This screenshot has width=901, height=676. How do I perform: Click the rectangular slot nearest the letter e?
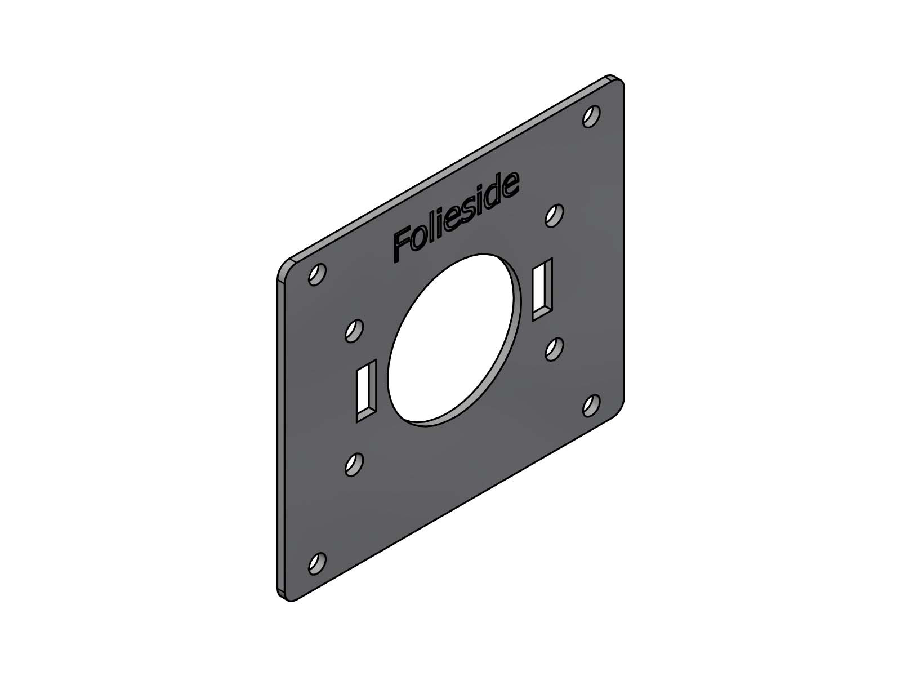[542, 289]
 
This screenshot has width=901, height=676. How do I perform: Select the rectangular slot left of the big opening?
[366, 391]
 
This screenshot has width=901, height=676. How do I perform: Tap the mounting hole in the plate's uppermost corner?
[591, 117]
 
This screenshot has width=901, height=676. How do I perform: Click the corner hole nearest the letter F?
[317, 274]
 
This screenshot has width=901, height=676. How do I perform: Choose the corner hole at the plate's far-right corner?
[591, 405]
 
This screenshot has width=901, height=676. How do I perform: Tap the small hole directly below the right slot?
[554, 349]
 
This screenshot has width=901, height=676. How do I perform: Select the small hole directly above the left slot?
[354, 331]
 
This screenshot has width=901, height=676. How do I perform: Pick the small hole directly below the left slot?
[354, 464]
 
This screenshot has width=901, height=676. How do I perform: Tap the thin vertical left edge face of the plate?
[279, 439]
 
